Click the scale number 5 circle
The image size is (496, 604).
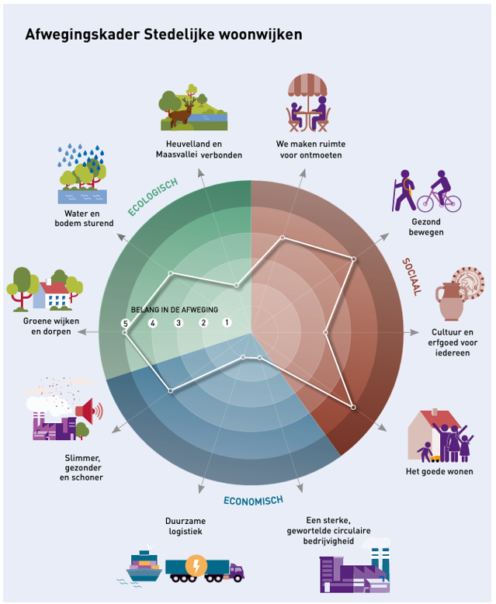tap(125, 323)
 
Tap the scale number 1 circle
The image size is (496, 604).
tap(227, 323)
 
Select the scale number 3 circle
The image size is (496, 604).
tap(178, 323)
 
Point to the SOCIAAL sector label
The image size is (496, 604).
tap(411, 276)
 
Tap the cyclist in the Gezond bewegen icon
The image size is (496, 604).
tap(439, 193)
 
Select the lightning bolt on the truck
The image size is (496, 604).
tap(196, 565)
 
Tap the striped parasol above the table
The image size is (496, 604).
tap(308, 85)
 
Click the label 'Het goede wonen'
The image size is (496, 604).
tap(439, 471)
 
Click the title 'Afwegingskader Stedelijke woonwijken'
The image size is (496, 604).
tap(164, 35)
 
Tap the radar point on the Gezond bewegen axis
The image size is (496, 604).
tap(353, 259)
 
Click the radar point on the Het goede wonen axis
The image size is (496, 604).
tap(354, 407)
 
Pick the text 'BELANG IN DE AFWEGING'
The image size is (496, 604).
tap(175, 309)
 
